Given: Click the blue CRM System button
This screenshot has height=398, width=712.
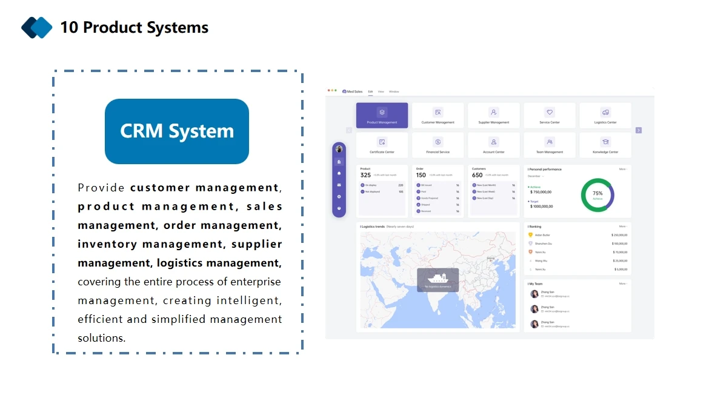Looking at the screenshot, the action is (x=177, y=131).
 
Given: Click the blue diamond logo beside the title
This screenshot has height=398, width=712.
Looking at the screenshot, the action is (x=37, y=27).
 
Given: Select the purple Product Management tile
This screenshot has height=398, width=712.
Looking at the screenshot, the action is (x=382, y=115).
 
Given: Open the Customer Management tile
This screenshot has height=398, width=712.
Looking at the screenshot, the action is (x=438, y=115).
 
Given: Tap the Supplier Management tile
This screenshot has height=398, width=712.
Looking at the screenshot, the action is (x=494, y=115).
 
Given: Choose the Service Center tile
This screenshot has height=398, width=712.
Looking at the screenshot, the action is (x=550, y=115).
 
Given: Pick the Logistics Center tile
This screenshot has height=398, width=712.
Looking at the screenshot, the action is (x=605, y=115).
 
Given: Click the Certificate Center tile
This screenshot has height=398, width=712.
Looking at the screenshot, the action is (x=382, y=145).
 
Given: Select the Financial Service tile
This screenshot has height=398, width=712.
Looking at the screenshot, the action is (x=438, y=145).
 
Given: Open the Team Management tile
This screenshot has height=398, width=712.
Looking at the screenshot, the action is (x=550, y=145).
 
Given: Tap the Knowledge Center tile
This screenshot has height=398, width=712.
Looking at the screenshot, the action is (x=605, y=145).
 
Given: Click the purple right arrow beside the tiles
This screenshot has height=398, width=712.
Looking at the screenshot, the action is (x=639, y=130).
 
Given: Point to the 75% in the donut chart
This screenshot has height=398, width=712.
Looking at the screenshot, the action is (x=597, y=193).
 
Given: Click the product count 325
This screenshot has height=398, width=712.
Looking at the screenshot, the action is (x=365, y=175).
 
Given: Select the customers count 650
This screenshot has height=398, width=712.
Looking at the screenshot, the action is (x=477, y=175).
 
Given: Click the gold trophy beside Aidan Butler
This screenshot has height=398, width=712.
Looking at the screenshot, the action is (x=530, y=234).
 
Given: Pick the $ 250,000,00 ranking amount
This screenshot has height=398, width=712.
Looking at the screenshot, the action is (x=619, y=235).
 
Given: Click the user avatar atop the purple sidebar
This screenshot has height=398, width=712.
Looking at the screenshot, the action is (x=339, y=149).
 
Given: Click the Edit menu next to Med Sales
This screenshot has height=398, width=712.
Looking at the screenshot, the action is (x=370, y=91).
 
